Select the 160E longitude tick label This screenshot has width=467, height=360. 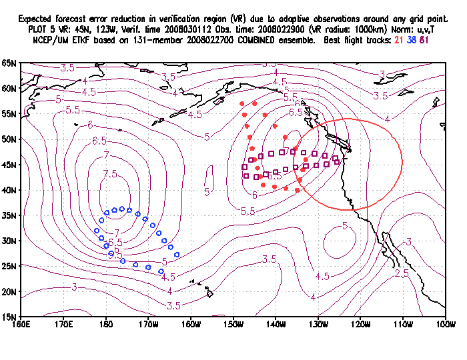click(21, 324)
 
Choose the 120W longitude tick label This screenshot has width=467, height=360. click(360, 324)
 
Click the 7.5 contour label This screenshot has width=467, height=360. click(110, 174)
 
